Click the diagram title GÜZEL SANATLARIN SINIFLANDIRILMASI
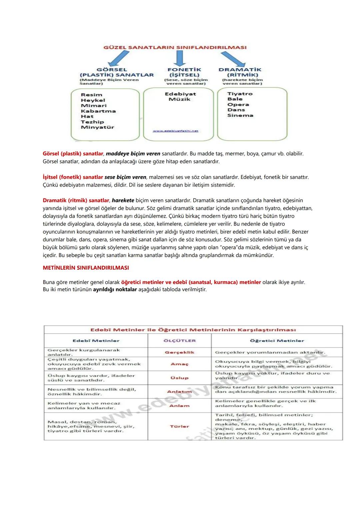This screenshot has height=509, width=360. (x=175, y=47)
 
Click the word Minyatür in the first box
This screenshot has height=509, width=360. (x=97, y=127)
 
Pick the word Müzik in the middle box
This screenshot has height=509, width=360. (x=180, y=99)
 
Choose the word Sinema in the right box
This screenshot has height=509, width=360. (x=240, y=115)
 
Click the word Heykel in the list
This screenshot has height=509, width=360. (x=93, y=100)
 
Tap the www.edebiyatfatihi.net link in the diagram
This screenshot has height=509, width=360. (x=175, y=131)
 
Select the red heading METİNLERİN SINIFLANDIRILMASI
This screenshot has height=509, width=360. (x=86, y=268)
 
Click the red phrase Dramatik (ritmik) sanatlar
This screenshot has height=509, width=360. (x=76, y=200)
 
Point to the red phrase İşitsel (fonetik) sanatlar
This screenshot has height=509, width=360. (x=73, y=177)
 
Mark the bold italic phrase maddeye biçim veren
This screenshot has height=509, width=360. (x=133, y=154)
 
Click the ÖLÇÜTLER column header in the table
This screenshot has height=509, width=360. (x=180, y=341)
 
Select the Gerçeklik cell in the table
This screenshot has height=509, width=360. (x=180, y=352)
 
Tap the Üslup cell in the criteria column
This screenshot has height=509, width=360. (x=180, y=378)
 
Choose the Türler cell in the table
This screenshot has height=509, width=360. (x=180, y=426)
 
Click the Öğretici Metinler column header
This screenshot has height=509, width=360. (x=277, y=341)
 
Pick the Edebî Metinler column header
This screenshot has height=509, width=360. (x=96, y=341)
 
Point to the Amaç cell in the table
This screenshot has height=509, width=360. (x=180, y=364)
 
